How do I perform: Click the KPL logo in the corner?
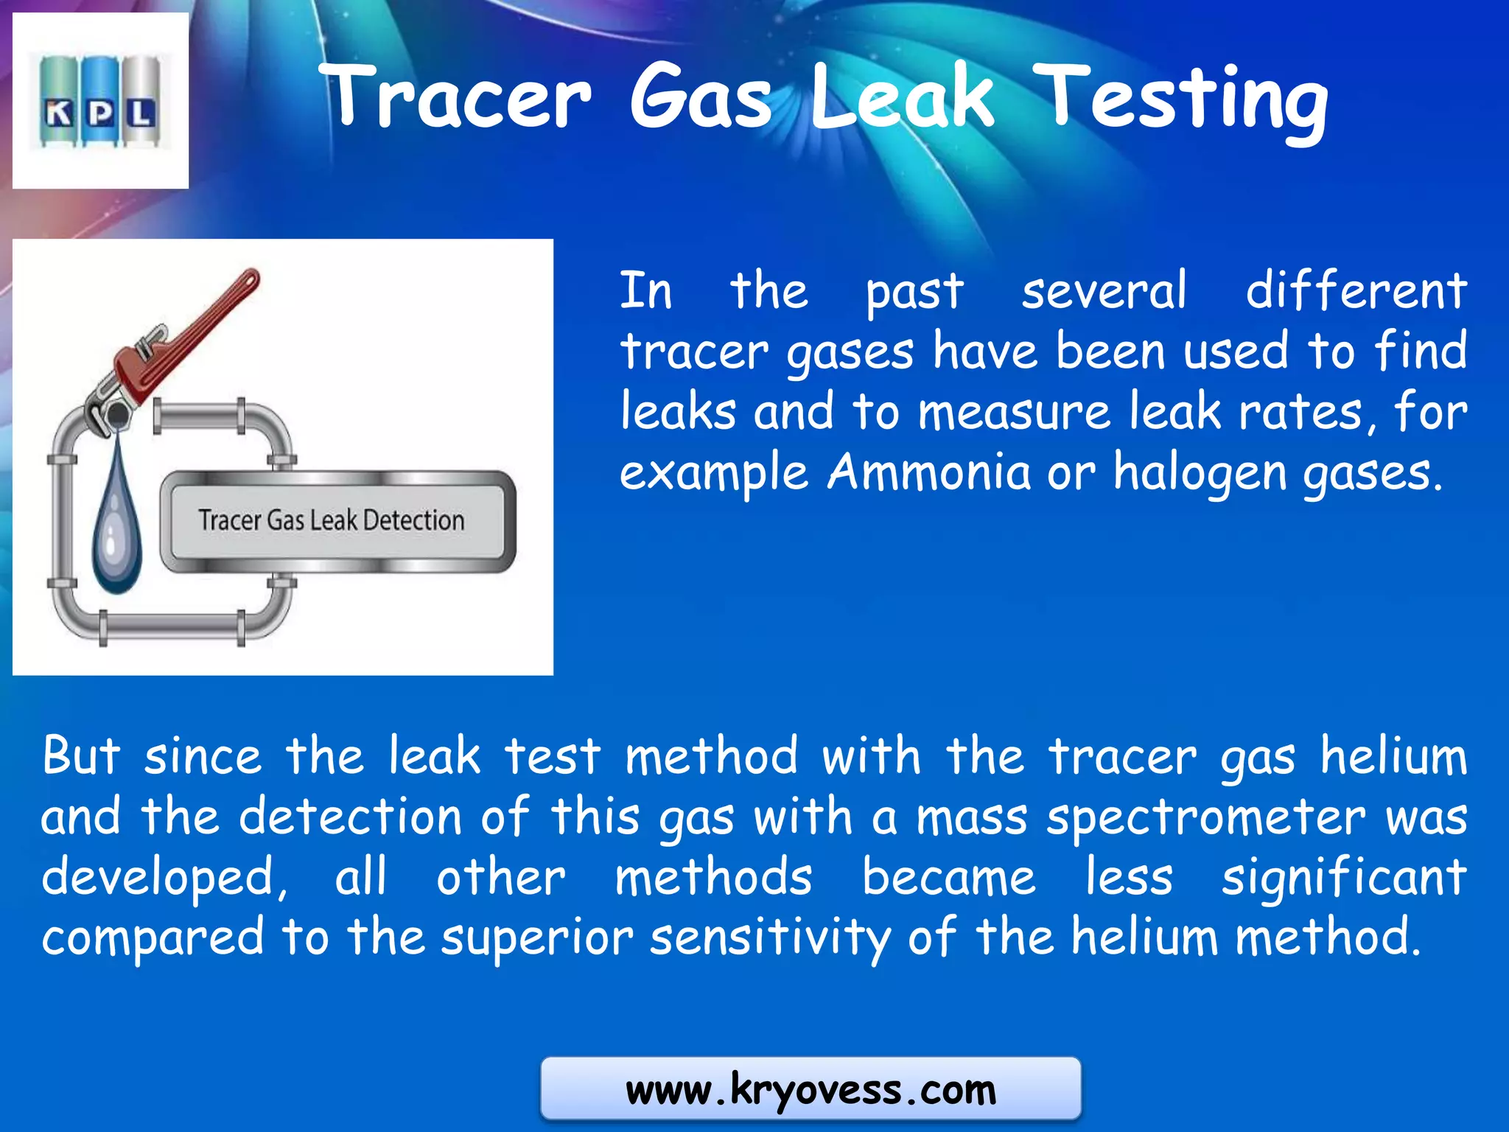pos(100,101)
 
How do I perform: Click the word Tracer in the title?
pos(458,97)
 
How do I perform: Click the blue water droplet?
pos(116,516)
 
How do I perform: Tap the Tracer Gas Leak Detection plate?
pos(337,521)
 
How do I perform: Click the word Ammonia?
pos(928,472)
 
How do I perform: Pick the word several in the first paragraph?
pos(1104,290)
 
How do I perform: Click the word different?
pos(1356,290)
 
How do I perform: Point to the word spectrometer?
pos(1205,818)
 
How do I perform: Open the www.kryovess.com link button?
pos(810,1089)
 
